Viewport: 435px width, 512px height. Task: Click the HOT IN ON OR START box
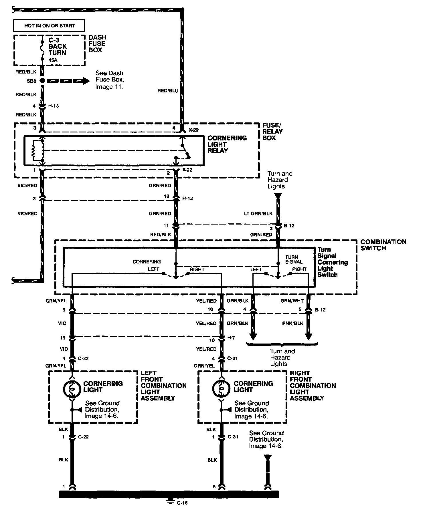[x=49, y=26]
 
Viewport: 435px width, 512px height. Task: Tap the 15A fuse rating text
[x=53, y=60]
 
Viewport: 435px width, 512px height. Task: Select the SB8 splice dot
[x=42, y=81]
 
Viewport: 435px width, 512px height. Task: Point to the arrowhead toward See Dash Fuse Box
[x=86, y=81]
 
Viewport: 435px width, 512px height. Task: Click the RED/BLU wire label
[x=167, y=91]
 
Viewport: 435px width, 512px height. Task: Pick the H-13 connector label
[x=53, y=106]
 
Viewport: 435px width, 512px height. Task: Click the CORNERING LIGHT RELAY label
[x=227, y=144]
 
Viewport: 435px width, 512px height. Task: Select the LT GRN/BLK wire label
[x=258, y=213]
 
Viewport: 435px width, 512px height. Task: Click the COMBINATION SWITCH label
[x=383, y=245]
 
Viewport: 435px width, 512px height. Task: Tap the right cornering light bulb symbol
[x=221, y=388]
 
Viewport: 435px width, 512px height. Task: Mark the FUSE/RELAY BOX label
[x=272, y=132]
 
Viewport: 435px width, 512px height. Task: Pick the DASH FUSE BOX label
[x=97, y=43]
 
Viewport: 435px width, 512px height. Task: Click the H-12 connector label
[x=187, y=198]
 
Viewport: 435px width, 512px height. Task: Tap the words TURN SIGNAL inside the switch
[x=294, y=259]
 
